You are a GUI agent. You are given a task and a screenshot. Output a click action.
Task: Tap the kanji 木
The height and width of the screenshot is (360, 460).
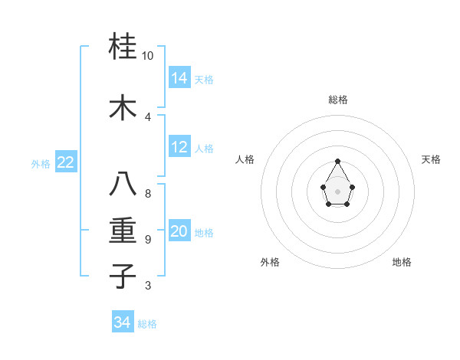point(123,108)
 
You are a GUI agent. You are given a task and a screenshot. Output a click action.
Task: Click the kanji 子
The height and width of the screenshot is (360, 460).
point(123,276)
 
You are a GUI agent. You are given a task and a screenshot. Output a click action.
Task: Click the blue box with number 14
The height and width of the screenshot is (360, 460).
point(179,78)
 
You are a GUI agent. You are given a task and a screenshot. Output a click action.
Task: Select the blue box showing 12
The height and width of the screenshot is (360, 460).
point(179,148)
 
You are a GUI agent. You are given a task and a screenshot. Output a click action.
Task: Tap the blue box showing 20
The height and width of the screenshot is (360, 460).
point(179,232)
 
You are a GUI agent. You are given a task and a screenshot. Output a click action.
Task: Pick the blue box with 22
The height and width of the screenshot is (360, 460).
point(66,162)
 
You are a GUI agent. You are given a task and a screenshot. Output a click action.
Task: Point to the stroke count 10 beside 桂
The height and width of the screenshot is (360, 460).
point(148,56)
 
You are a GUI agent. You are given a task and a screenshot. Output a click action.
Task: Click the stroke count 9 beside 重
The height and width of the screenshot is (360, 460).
point(148,240)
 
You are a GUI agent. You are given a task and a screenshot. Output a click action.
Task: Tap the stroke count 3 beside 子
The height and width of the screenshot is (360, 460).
point(148,286)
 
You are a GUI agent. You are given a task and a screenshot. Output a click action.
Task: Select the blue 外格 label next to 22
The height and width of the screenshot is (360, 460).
point(41,163)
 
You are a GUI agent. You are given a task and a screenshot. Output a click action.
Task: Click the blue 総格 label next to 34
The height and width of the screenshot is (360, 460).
point(147,324)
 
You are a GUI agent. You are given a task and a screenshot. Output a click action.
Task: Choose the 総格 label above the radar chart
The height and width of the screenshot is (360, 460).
point(338,100)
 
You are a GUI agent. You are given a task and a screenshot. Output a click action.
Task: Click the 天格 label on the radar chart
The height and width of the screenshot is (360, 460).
point(432,159)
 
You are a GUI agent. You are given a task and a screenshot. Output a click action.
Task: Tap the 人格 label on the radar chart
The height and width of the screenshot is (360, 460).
point(245,159)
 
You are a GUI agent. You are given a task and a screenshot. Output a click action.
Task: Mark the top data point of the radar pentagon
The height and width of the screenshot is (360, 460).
point(338,161)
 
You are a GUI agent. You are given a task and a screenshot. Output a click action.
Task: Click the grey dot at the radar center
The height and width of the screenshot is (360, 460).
point(338,190)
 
